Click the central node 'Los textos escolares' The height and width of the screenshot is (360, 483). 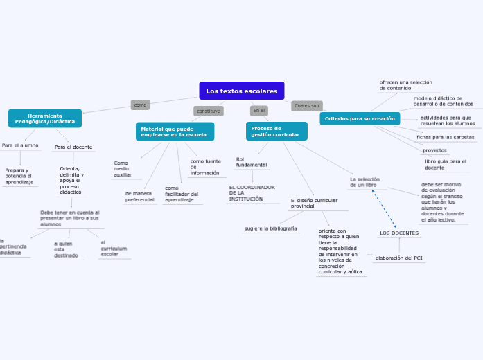(241, 91)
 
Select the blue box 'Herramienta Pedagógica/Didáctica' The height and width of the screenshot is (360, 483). (45, 118)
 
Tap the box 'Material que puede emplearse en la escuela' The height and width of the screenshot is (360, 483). (175, 132)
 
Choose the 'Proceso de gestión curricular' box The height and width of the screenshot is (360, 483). (276, 131)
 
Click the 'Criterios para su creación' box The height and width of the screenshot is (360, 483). (360, 119)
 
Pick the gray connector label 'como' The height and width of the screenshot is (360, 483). (140, 105)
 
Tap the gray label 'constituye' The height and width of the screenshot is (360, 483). (208, 111)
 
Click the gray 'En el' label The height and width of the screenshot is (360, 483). (259, 111)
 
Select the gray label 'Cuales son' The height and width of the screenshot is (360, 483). (306, 106)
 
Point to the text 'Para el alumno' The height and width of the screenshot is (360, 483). (20, 145)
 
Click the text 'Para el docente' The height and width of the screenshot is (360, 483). (73, 147)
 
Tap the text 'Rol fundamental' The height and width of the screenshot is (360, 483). (251, 162)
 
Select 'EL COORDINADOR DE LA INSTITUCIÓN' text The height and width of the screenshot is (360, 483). (252, 193)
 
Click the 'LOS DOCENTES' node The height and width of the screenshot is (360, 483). (399, 233)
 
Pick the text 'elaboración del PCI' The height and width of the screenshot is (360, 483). (399, 258)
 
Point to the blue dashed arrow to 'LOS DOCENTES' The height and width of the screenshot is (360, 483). (385, 208)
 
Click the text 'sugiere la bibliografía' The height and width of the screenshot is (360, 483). (270, 228)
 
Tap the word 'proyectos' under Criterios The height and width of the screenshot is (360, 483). (434, 150)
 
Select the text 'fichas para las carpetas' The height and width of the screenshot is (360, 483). (446, 137)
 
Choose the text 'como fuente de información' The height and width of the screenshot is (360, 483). (206, 167)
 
